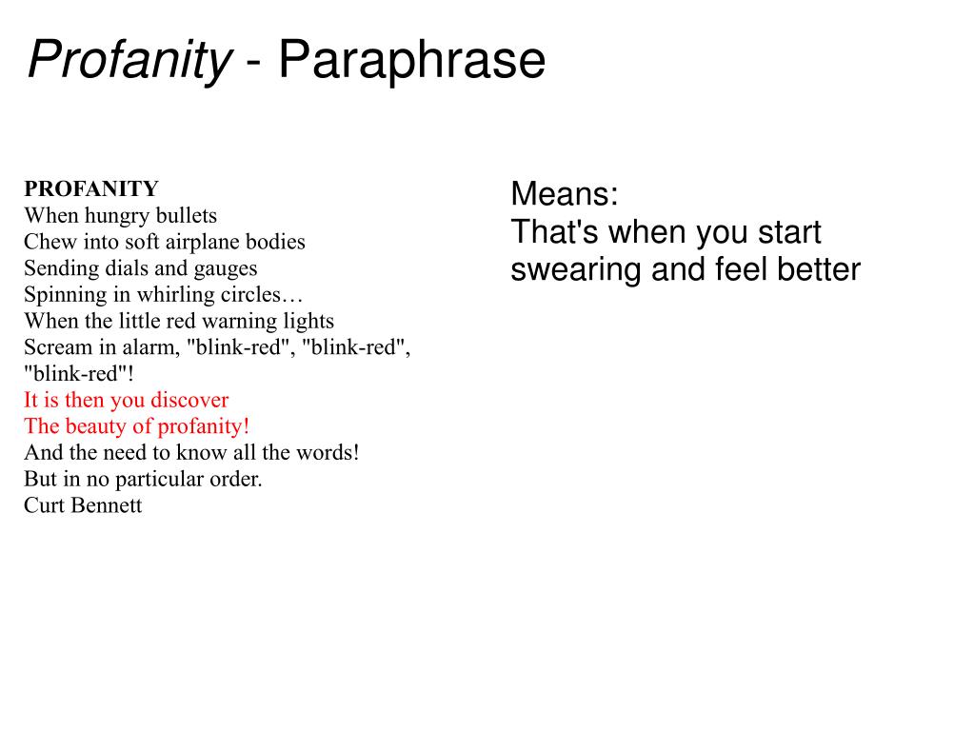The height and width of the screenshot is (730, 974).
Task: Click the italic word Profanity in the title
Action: pyautogui.click(x=129, y=61)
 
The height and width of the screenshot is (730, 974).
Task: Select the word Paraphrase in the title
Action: pyautogui.click(x=411, y=61)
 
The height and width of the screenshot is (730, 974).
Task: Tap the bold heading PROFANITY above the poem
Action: pyautogui.click(x=91, y=188)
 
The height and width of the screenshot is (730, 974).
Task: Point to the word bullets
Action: pyautogui.click(x=187, y=215)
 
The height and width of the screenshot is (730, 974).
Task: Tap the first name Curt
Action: pyautogui.click(x=42, y=505)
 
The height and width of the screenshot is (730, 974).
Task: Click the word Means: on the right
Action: pyautogui.click(x=565, y=194)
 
